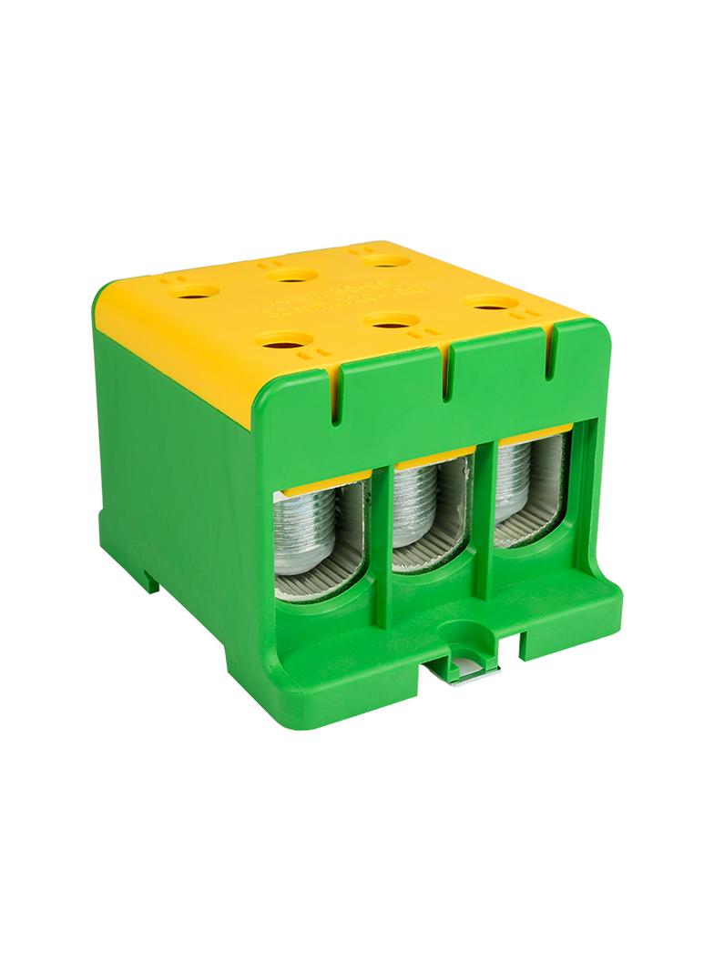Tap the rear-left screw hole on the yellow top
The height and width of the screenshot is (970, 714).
(198, 294)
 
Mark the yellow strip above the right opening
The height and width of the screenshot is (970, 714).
(531, 433)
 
